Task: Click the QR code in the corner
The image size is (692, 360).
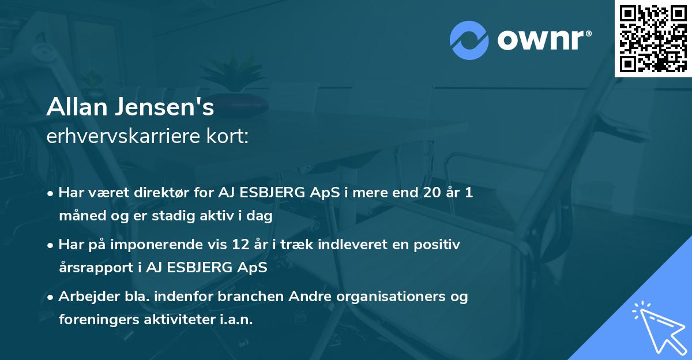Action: [653, 38]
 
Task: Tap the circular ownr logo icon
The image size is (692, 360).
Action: [469, 40]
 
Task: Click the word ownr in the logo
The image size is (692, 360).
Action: [540, 40]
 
